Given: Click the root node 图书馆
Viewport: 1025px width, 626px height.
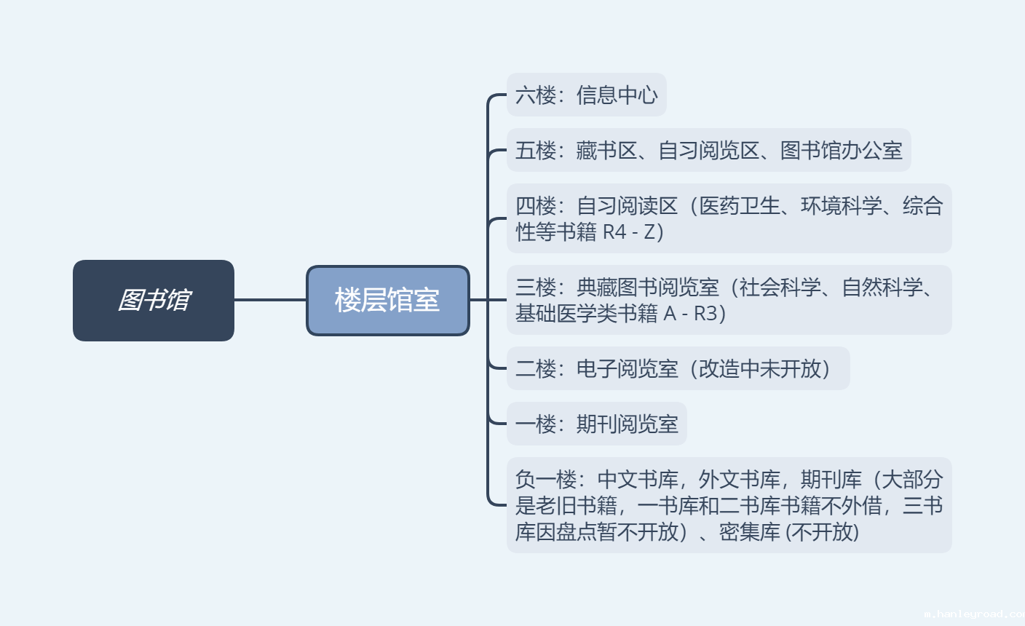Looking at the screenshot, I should (x=154, y=300).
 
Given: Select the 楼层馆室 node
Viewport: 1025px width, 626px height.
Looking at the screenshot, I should (x=387, y=300).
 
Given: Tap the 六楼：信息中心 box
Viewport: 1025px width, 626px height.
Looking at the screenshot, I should (x=586, y=95).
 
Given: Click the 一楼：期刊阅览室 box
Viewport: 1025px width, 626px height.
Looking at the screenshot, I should (x=596, y=424).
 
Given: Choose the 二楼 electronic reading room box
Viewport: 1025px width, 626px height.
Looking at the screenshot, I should (x=677, y=369).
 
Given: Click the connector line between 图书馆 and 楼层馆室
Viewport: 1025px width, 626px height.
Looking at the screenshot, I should (x=270, y=299).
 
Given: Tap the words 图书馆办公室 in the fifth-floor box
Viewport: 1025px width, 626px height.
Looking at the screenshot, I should (x=841, y=151).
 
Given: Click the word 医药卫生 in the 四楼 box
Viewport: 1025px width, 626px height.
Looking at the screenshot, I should (x=740, y=206).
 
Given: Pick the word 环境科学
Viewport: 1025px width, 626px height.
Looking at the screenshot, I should (x=841, y=206).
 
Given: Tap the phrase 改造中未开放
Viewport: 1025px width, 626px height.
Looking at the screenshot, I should (x=760, y=369).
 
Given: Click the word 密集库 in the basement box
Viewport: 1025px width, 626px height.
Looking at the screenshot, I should (x=749, y=532).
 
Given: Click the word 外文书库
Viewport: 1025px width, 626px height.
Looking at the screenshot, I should (x=739, y=480).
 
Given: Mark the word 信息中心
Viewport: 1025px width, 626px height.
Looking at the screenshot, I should (x=617, y=95).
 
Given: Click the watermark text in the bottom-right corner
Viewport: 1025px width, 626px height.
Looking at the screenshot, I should (x=973, y=614).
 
